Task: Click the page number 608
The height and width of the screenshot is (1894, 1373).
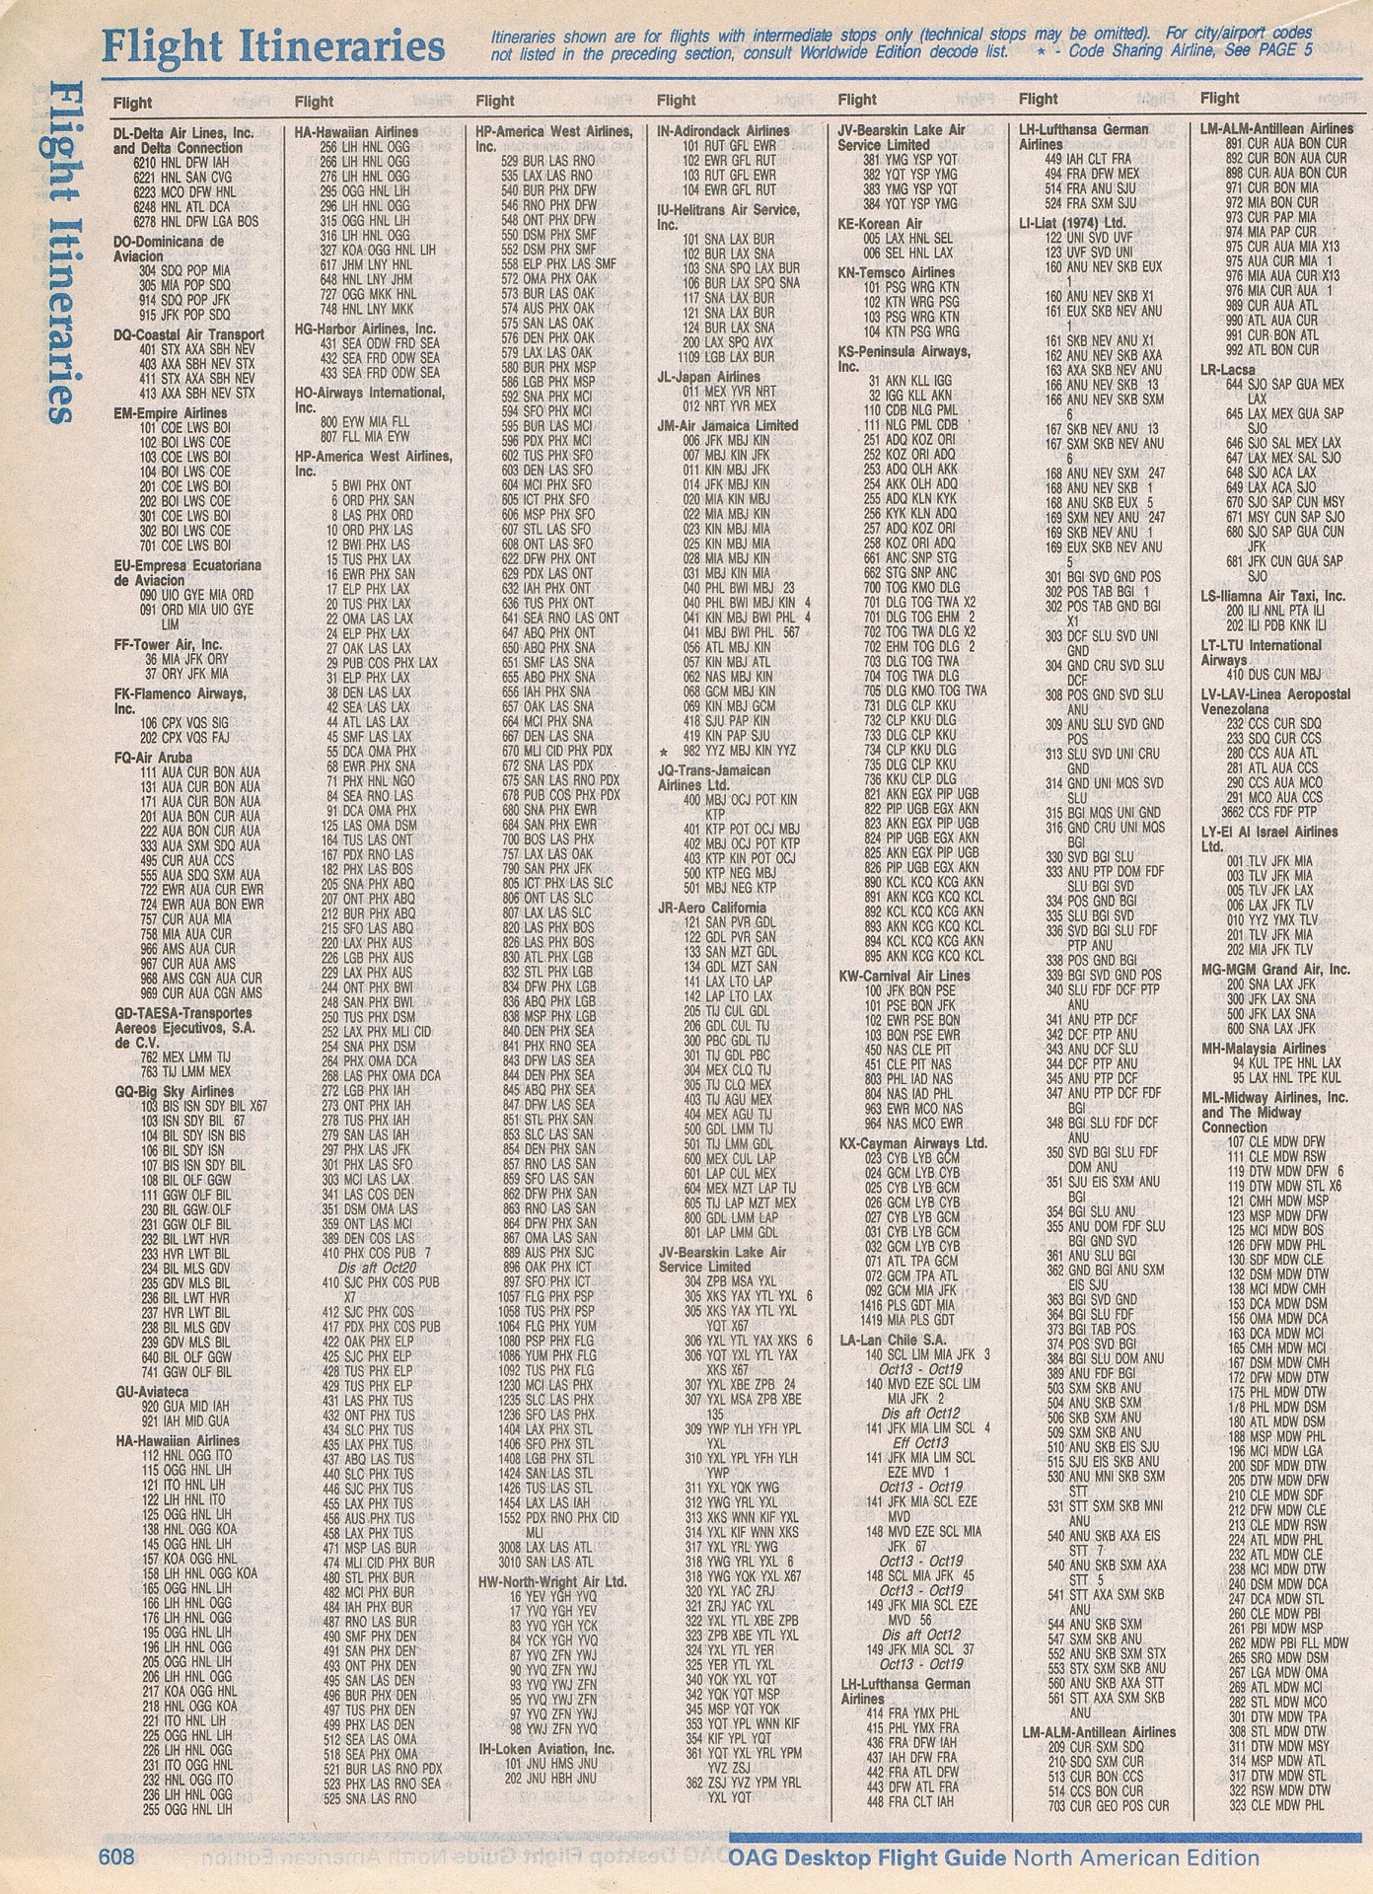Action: (x=115, y=1857)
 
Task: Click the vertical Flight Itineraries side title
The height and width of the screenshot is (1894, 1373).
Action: (x=61, y=252)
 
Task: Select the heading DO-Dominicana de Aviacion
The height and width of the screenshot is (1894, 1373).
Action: (x=169, y=249)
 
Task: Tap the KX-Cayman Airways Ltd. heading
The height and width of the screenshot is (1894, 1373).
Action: (x=912, y=1143)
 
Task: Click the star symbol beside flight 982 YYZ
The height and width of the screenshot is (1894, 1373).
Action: (x=664, y=751)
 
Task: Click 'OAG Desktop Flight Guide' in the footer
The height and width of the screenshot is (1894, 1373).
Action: (x=869, y=1858)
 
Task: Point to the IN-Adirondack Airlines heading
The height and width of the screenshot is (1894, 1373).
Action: (x=723, y=130)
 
